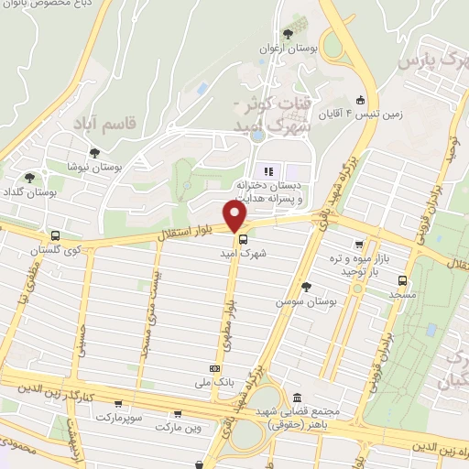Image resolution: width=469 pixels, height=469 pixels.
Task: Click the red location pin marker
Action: point(236,216)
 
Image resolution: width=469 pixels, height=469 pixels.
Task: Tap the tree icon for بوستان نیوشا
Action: point(93,154)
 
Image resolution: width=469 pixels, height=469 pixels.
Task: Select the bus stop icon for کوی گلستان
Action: point(56,235)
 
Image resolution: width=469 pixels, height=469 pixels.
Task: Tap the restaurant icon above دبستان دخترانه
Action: point(268,170)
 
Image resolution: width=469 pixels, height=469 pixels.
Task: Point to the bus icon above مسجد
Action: point(402,280)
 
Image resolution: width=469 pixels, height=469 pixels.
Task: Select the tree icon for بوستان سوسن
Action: point(305,288)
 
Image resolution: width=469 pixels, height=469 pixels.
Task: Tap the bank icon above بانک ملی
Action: point(213,368)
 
